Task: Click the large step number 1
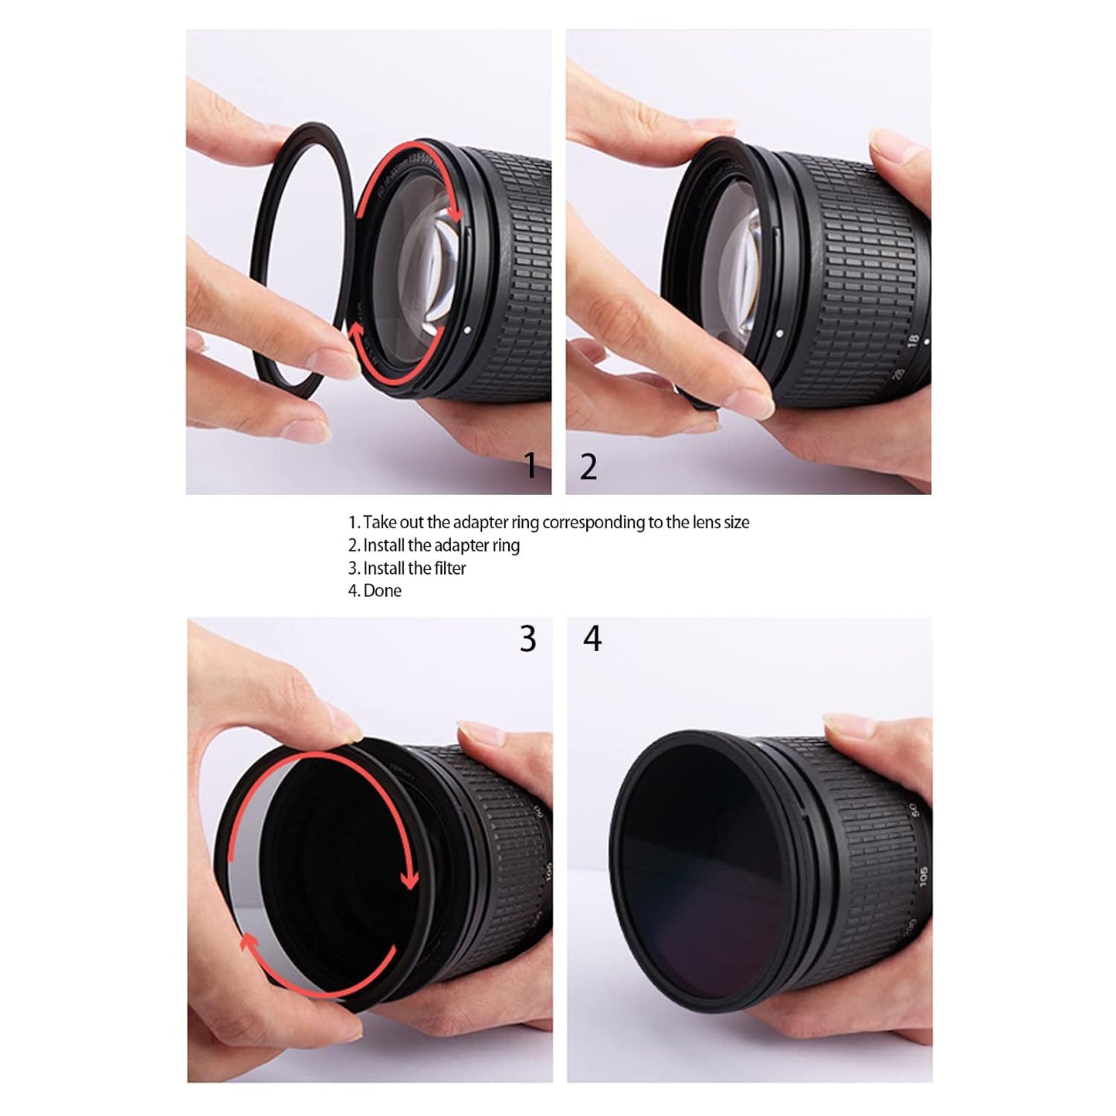click(530, 466)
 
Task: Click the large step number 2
click(589, 467)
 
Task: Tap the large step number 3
click(527, 639)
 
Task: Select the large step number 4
click(592, 639)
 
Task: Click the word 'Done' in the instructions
click(382, 591)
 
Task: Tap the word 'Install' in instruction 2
click(384, 545)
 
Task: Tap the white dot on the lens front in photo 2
click(779, 333)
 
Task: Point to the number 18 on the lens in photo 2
click(913, 340)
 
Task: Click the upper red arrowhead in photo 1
click(458, 214)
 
